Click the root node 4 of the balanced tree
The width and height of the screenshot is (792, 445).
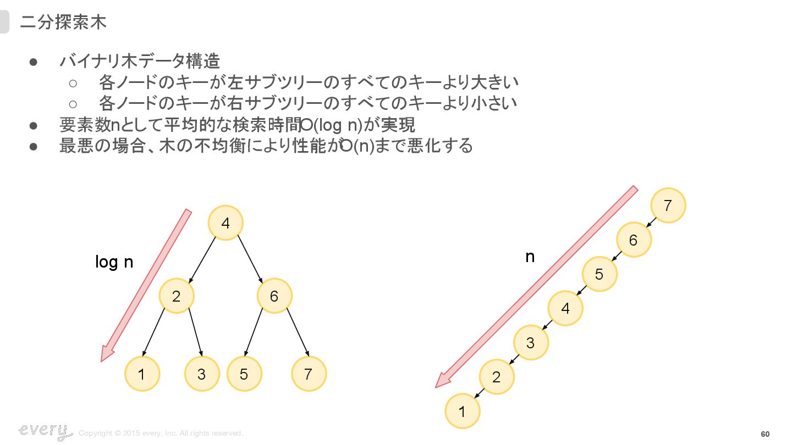click(x=226, y=223)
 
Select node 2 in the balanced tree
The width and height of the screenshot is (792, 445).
click(x=177, y=297)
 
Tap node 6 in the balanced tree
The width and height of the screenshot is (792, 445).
click(x=274, y=297)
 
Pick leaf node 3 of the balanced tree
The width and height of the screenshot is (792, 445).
click(x=202, y=374)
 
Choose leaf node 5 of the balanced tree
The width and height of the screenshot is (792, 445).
click(x=244, y=374)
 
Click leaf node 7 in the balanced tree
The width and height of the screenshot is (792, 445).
click(x=309, y=374)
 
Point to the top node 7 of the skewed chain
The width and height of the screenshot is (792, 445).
click(x=668, y=205)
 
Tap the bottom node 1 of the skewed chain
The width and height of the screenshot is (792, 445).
click(x=462, y=411)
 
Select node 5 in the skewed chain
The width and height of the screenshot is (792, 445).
click(x=599, y=274)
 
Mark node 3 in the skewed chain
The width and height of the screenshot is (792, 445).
click(x=531, y=343)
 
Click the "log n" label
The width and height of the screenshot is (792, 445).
click(x=114, y=262)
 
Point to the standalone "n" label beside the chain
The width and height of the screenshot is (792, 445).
click(x=530, y=257)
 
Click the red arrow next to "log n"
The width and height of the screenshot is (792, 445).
click(x=146, y=286)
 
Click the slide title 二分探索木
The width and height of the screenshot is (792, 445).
click(x=63, y=22)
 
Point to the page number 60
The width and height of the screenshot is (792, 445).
click(x=765, y=435)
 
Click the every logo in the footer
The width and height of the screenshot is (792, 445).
click(x=44, y=431)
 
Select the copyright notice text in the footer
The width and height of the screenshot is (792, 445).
click(x=161, y=433)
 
